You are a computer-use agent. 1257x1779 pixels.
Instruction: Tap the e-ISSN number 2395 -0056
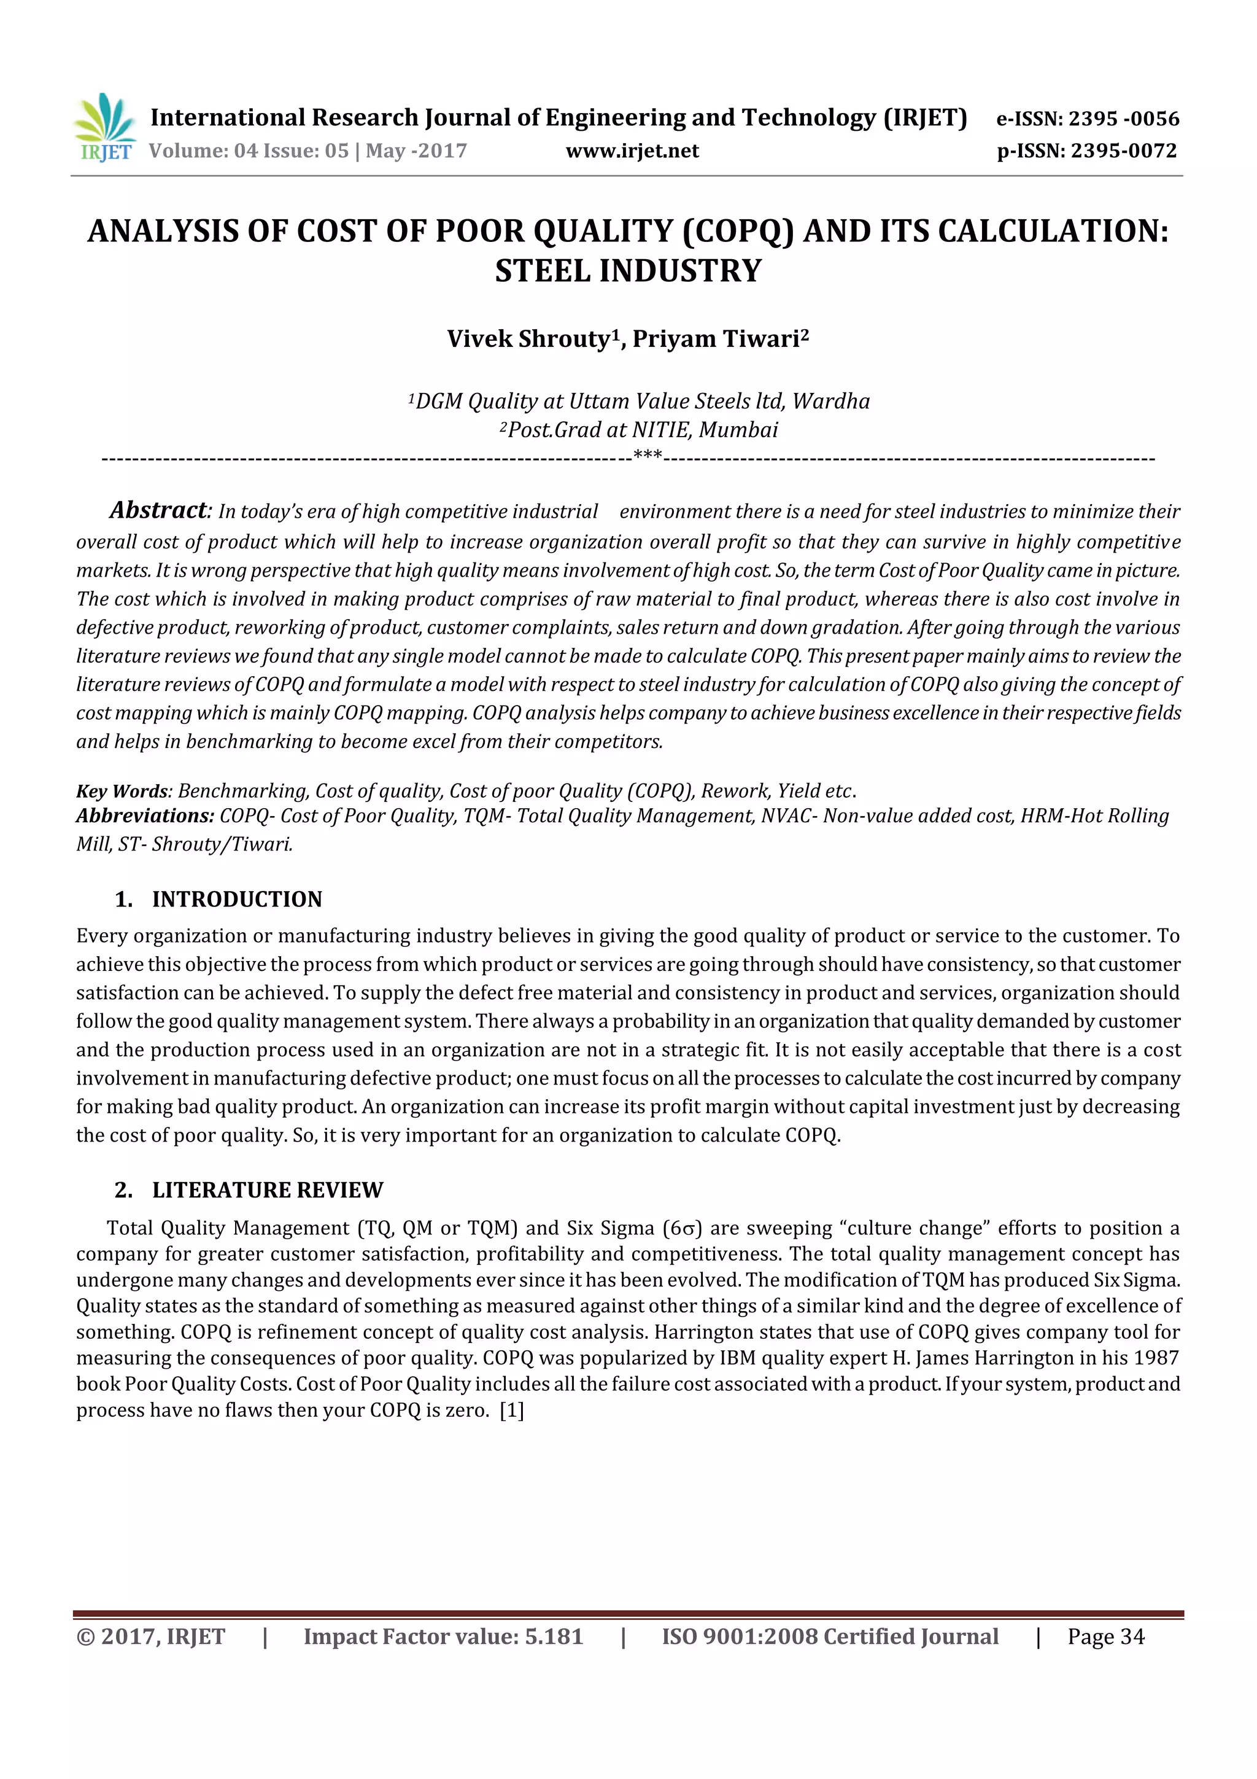pyautogui.click(x=1124, y=119)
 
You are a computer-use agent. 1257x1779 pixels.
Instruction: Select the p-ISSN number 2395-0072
pyautogui.click(x=1123, y=150)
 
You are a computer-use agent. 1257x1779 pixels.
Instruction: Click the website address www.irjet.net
pyautogui.click(x=632, y=150)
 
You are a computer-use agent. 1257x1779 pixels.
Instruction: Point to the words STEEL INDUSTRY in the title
pyautogui.click(x=628, y=270)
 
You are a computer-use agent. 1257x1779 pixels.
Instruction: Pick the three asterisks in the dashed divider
pyautogui.click(x=647, y=456)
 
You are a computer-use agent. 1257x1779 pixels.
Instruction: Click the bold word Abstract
pyautogui.click(x=159, y=510)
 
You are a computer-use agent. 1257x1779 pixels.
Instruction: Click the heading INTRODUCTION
pyautogui.click(x=236, y=899)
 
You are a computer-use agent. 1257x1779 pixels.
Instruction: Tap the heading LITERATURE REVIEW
pyautogui.click(x=267, y=1189)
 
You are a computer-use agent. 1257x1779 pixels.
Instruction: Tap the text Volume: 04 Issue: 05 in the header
pyautogui.click(x=249, y=150)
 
